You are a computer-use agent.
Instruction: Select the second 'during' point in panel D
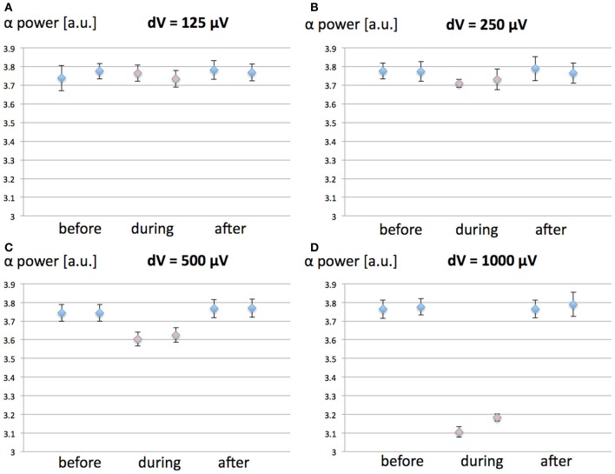tap(497, 417)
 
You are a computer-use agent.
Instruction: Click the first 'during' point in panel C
tap(137, 340)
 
